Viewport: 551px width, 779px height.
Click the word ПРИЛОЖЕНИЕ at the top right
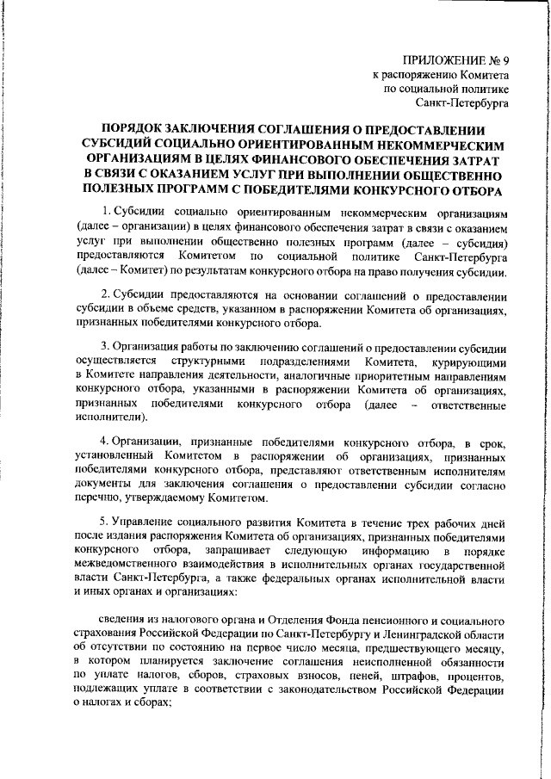(439, 60)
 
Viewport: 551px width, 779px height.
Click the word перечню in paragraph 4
(96, 498)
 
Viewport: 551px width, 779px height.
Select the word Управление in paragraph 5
(145, 522)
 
